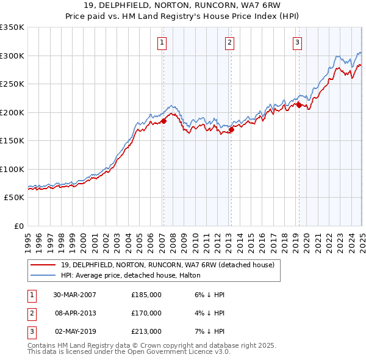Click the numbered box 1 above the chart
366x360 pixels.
[162, 43]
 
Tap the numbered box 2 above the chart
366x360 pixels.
[229, 43]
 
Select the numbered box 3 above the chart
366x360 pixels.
[296, 43]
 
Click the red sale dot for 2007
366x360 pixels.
[163, 121]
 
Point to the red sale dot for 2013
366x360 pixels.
[231, 129]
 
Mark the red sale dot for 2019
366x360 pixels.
[299, 105]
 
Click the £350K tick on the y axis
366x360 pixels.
[12, 27]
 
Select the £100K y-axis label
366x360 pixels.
[12, 169]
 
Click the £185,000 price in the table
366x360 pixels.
[146, 295]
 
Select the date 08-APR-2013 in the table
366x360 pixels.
[76, 313]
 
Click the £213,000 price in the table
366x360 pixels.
[146, 331]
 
